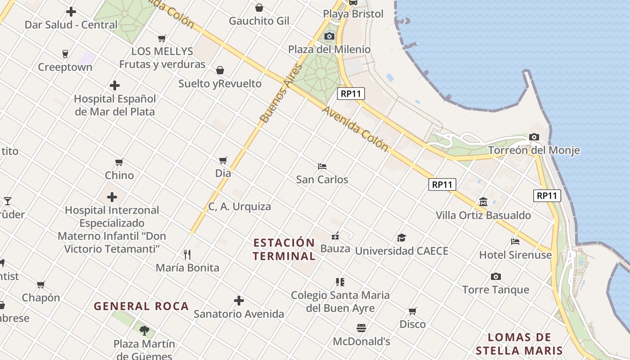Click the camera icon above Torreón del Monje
534,137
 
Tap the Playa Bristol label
353,14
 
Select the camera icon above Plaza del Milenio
329,36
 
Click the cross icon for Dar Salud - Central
71,12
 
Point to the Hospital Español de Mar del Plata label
115,105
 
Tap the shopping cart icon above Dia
223,160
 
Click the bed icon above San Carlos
322,166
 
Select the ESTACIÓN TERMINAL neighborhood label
284,249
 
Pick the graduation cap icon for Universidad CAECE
401,238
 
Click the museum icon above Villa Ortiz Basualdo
483,202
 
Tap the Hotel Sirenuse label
515,255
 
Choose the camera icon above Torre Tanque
496,276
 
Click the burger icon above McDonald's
361,328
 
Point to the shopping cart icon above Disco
412,311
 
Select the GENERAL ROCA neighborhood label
141,306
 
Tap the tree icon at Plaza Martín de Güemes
144,331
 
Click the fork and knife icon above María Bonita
187,255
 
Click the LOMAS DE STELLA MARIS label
519,344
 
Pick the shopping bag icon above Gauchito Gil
259,8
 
